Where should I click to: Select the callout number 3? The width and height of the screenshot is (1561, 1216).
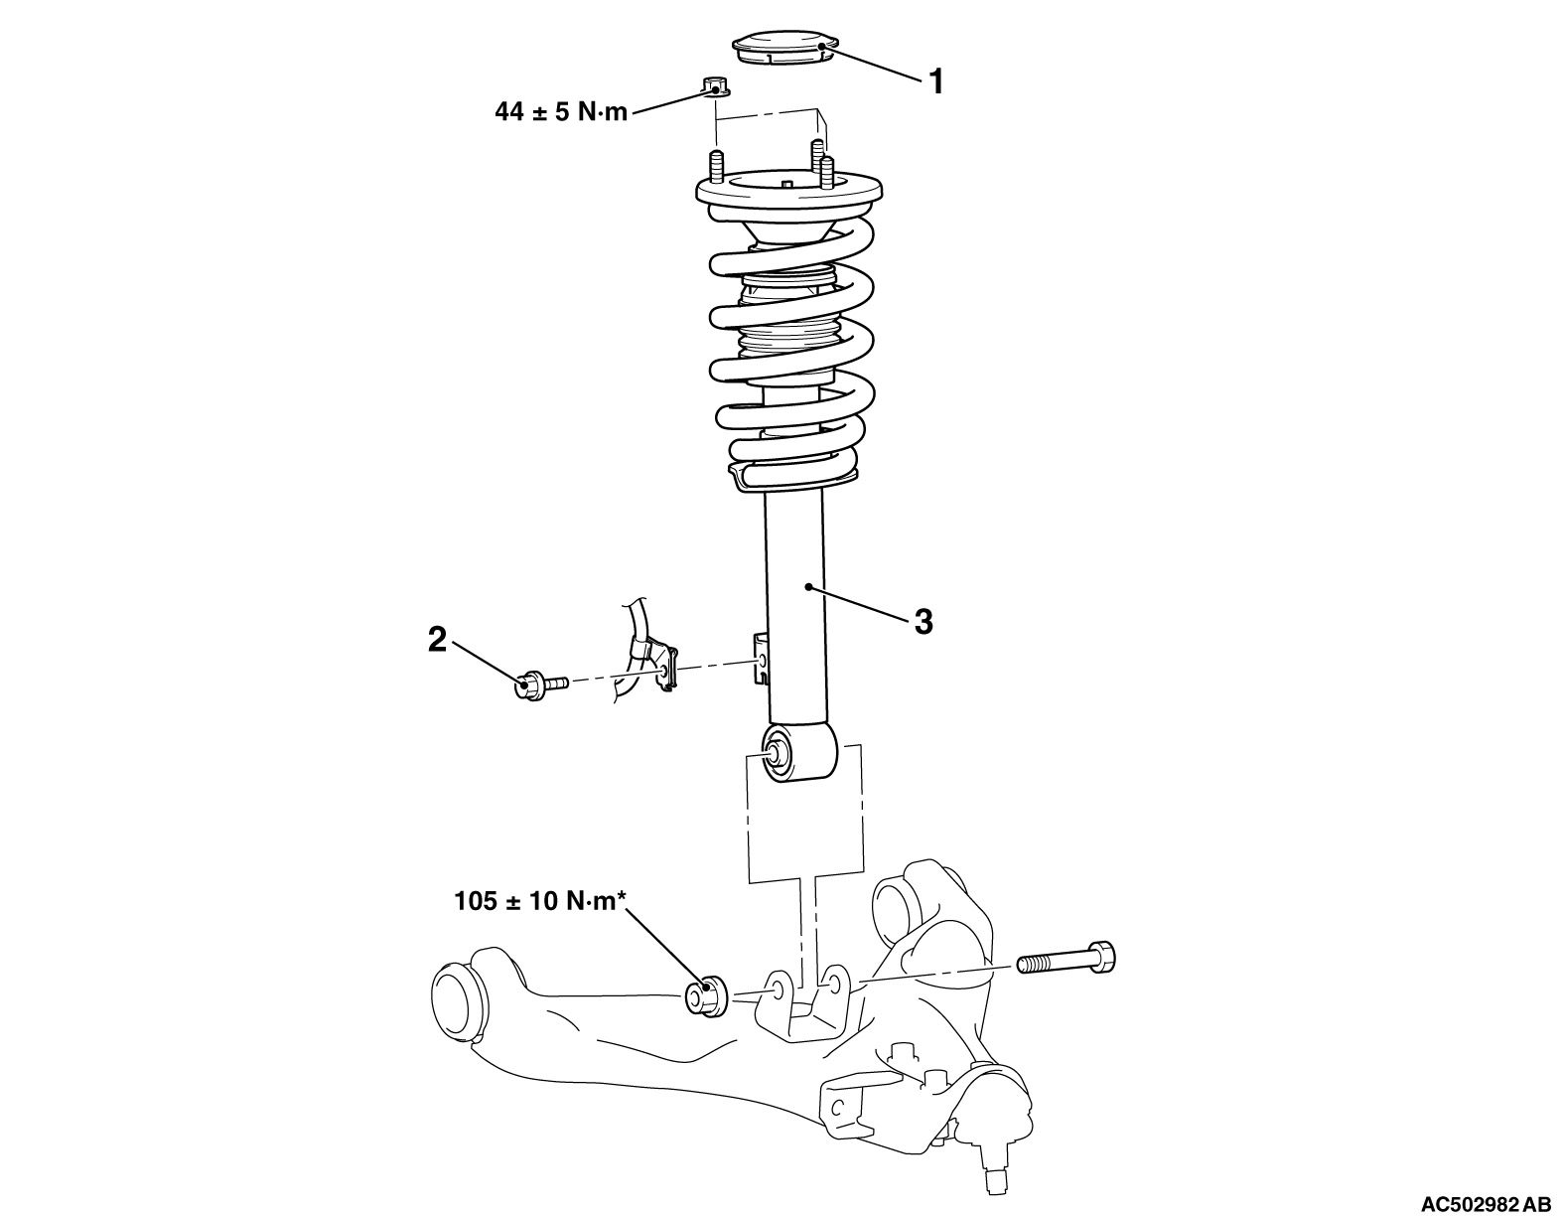tap(923, 622)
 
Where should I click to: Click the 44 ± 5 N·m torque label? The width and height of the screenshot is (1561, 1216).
tap(561, 112)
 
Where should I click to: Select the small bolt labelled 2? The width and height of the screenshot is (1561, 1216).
tap(541, 684)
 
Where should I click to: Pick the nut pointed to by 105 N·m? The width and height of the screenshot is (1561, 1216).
tap(705, 996)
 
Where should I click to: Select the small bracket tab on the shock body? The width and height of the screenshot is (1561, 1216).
tap(760, 659)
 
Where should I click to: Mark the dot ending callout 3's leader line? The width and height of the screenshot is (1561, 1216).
tap(809, 587)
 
